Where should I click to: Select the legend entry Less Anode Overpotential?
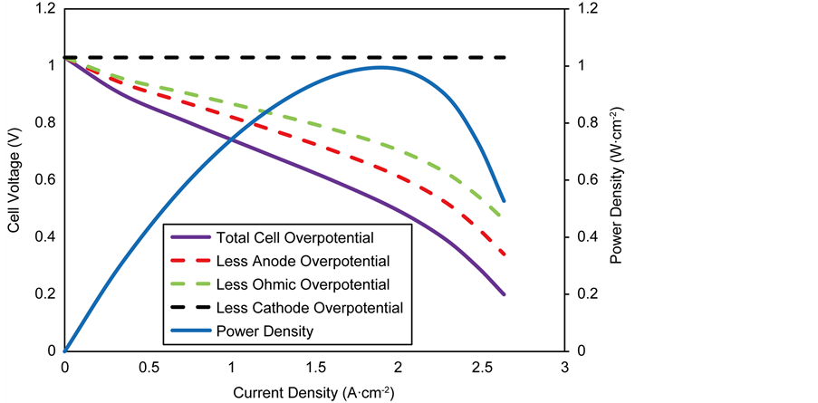[x=290, y=262]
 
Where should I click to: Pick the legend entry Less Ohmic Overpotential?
[x=290, y=285]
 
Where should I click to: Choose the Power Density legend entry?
[x=265, y=331]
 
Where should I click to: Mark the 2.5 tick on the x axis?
[x=481, y=367]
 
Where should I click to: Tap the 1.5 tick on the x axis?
[x=314, y=367]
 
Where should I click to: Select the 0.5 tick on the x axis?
[x=148, y=367]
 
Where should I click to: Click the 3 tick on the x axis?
[x=564, y=367]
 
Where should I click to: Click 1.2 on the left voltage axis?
[x=43, y=9]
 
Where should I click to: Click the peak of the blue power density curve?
[x=380, y=67]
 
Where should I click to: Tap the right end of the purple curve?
[x=504, y=294]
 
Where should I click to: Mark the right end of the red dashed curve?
[x=504, y=254]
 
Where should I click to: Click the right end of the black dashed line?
[x=504, y=58]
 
